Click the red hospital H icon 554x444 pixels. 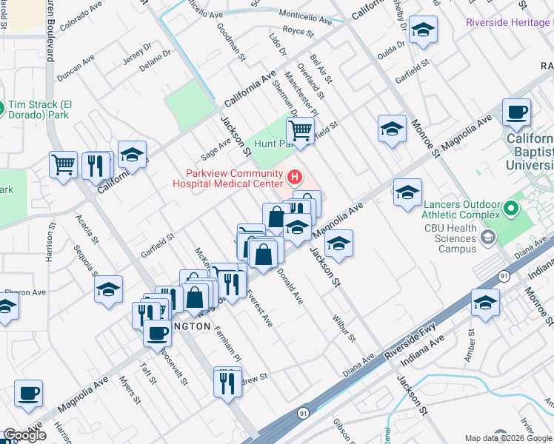click(x=295, y=177)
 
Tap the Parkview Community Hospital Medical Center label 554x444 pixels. click(x=229, y=178)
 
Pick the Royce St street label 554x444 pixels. click(x=298, y=33)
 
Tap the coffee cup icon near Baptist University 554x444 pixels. click(x=516, y=112)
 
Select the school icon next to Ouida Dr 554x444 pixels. click(x=423, y=30)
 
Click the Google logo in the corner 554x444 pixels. click(x=24, y=435)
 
